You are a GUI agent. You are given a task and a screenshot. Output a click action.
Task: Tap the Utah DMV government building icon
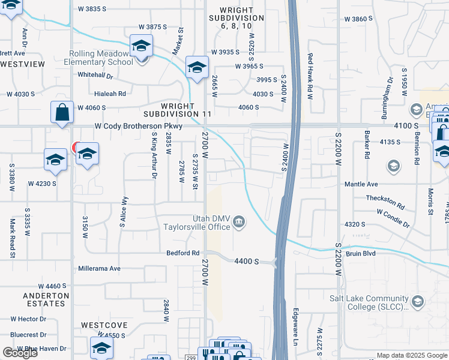pos(240,223)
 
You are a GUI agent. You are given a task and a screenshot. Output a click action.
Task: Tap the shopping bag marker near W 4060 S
pos(62,112)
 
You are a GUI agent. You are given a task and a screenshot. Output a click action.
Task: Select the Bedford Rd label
pos(183,253)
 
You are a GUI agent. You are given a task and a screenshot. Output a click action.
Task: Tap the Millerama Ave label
pos(99,268)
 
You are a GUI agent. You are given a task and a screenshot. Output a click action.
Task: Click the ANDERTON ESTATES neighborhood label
pos(46,299)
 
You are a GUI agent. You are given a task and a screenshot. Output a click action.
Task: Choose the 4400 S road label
pos(247,262)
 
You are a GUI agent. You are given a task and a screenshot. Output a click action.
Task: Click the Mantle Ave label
pos(378,184)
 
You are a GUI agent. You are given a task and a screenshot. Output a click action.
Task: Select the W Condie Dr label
pos(393,218)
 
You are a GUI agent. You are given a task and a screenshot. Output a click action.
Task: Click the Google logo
pos(20,353)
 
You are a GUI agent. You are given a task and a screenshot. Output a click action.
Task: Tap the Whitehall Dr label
pos(96,76)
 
